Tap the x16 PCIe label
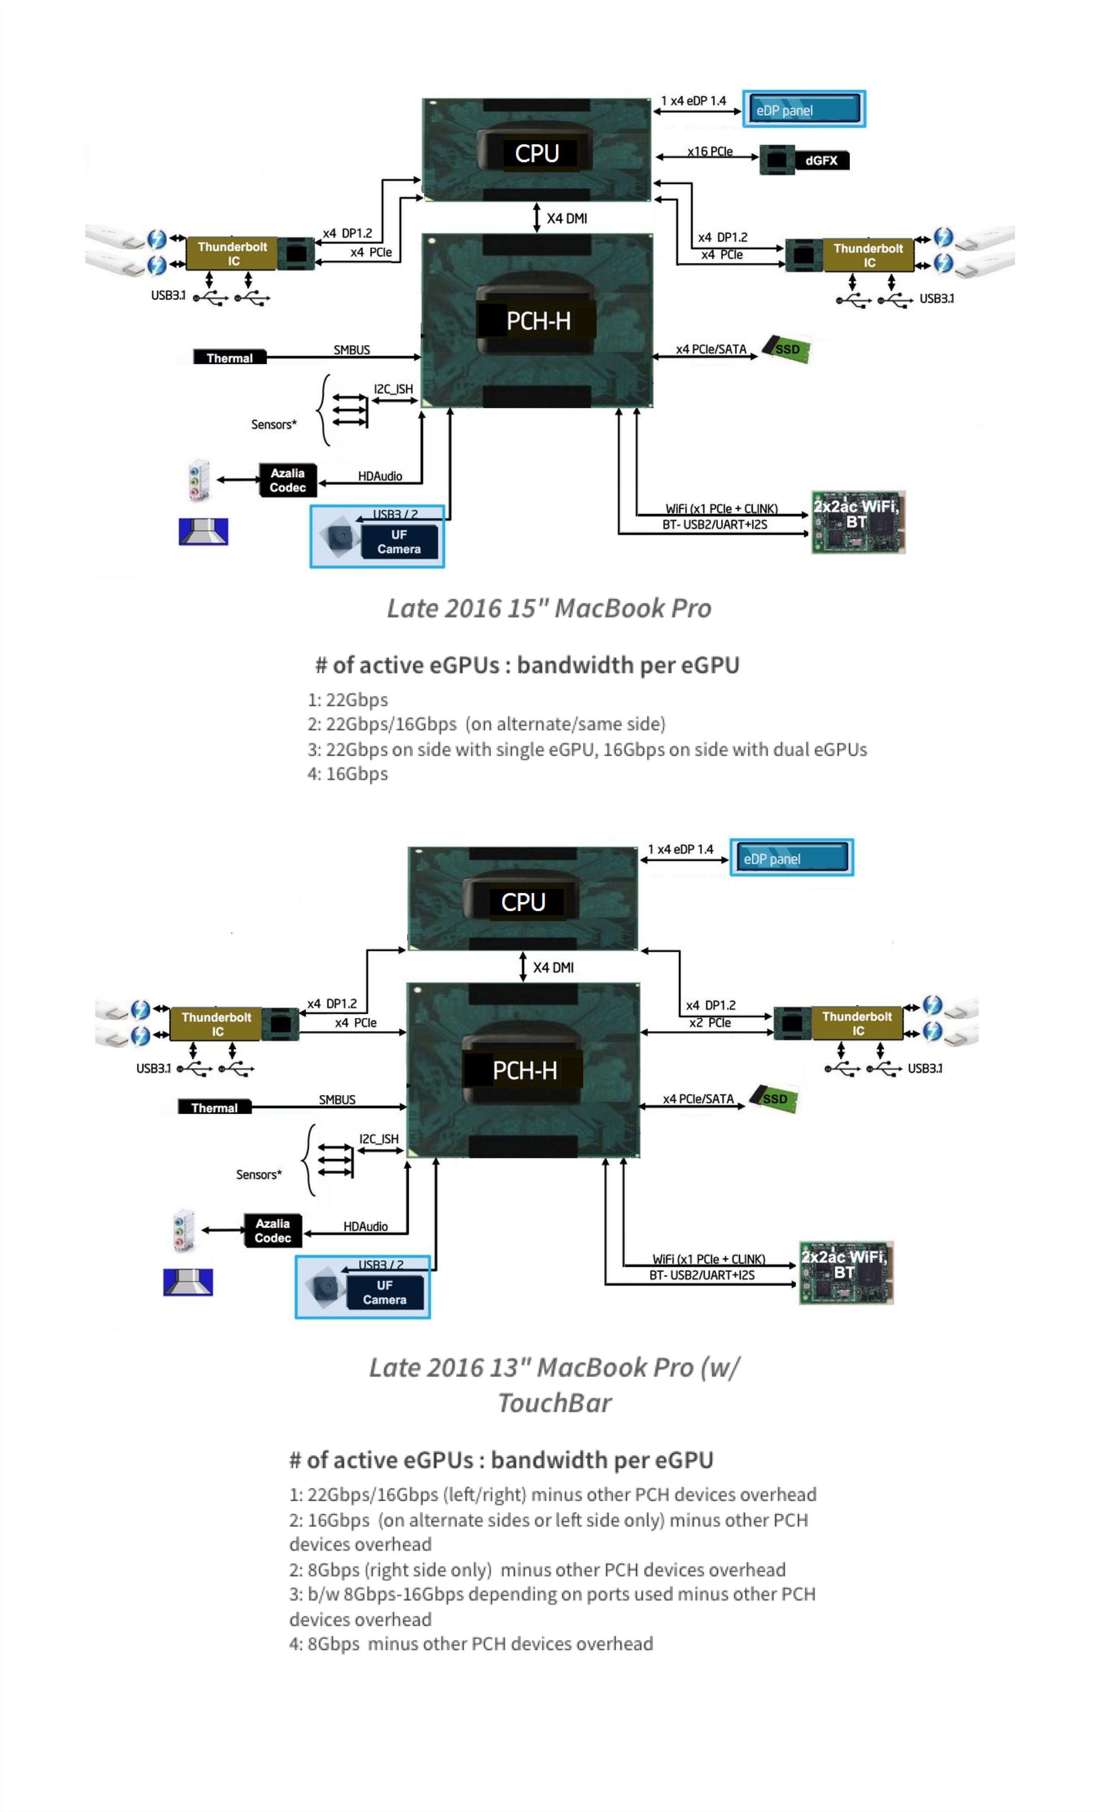pyautogui.click(x=710, y=151)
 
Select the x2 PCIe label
pyautogui.click(x=710, y=1023)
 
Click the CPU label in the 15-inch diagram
pyautogui.click(x=537, y=154)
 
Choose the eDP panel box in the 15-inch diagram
pyautogui.click(x=804, y=110)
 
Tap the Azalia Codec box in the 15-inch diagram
pyautogui.click(x=287, y=480)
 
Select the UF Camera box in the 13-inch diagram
pyautogui.click(x=384, y=1292)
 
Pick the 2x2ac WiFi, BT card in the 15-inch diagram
pyautogui.click(x=858, y=522)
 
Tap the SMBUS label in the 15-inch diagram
pyautogui.click(x=352, y=350)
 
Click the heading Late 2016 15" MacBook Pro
pyautogui.click(x=549, y=608)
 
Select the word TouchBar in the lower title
pyautogui.click(x=554, y=1403)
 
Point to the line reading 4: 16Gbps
pyautogui.click(x=347, y=774)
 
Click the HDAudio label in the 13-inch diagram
pyautogui.click(x=365, y=1226)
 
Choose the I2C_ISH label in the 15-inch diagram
pyautogui.click(x=393, y=389)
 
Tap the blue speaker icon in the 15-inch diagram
pyautogui.click(x=203, y=531)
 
